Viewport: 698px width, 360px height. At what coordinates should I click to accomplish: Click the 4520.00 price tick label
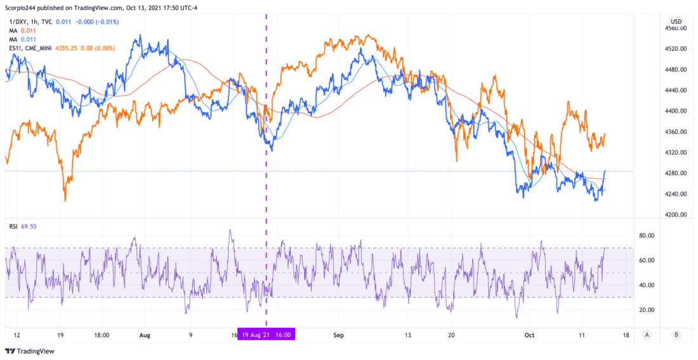point(676,49)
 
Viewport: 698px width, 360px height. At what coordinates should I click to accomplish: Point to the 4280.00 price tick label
point(676,173)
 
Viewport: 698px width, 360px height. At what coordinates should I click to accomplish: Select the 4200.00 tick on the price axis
point(676,215)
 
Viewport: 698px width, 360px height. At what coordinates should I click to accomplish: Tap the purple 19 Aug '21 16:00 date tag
point(266,335)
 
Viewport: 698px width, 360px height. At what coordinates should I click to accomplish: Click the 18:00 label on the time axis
point(102,335)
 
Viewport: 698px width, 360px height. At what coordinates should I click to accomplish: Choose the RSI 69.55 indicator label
point(32,225)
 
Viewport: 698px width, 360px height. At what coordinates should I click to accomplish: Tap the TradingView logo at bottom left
point(30,351)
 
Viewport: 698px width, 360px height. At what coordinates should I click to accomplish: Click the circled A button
point(647,335)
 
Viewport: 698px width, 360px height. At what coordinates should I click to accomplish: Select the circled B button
point(676,335)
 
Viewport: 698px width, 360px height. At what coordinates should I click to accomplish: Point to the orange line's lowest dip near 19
point(65,200)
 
